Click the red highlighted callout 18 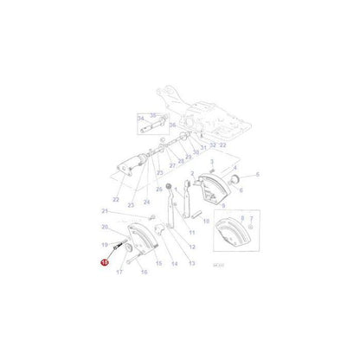105,267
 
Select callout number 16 145,271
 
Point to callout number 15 157,263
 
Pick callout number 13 191,262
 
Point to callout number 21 104,210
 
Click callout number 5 256,174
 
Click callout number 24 148,203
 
